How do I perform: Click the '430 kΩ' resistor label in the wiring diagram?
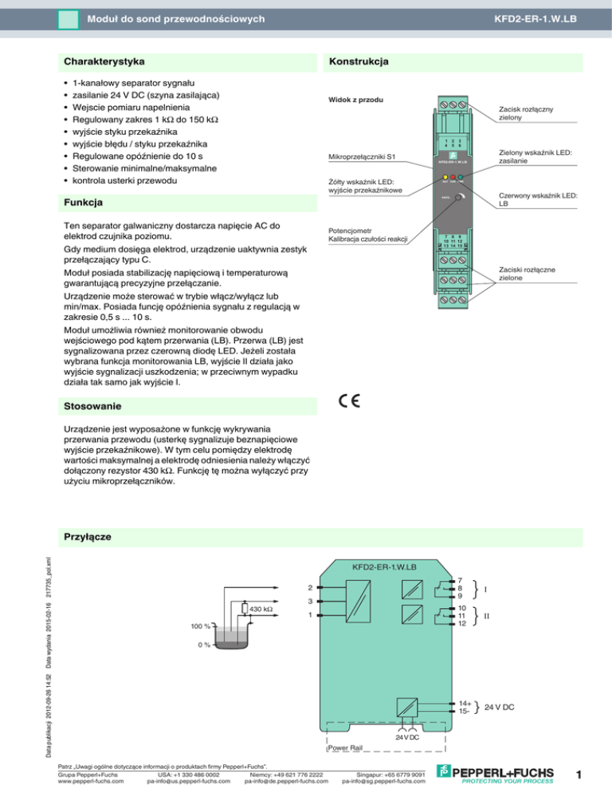(262, 610)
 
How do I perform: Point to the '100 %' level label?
(200, 627)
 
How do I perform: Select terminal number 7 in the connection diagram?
(461, 581)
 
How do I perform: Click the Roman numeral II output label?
(487, 617)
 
